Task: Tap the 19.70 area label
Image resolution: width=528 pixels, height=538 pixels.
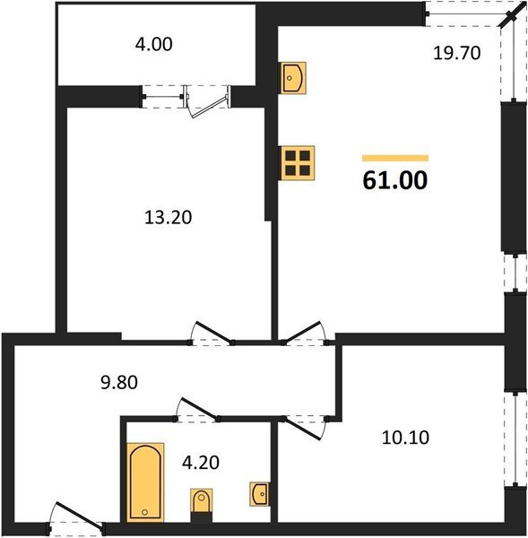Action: tap(457, 52)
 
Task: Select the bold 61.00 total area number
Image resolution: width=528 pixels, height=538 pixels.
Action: tap(395, 180)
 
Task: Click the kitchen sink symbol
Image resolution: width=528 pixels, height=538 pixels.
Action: tap(294, 78)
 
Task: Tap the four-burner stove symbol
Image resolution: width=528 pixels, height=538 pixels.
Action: tap(297, 163)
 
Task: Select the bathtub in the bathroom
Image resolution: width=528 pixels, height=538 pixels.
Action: tap(143, 481)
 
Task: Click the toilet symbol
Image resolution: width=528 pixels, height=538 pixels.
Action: tap(200, 503)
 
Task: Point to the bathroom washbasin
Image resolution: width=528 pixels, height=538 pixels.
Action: tap(260, 493)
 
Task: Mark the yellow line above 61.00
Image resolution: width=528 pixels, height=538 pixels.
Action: tap(395, 158)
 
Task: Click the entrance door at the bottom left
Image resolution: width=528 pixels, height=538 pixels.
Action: tap(76, 519)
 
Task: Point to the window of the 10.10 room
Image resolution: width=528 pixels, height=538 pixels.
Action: tap(514, 438)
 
